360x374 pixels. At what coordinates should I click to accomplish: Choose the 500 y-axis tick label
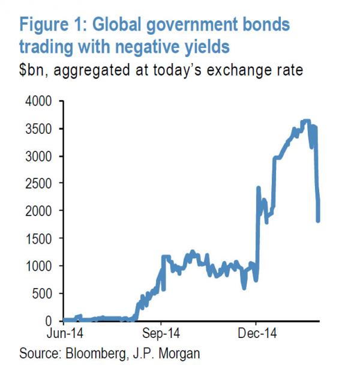pyautogui.click(x=44, y=294)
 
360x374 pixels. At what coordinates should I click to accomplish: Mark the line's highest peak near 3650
pyautogui.click(x=307, y=121)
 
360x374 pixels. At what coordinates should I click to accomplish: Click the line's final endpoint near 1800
pyautogui.click(x=318, y=221)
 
